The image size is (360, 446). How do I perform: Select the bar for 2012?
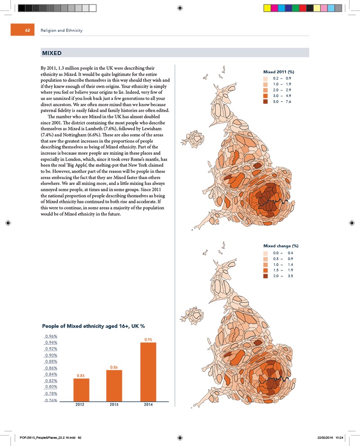[81, 389]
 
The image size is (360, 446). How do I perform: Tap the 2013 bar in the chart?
[116, 385]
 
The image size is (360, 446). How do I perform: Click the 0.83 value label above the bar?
[81, 375]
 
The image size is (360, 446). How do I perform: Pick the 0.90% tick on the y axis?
[50, 355]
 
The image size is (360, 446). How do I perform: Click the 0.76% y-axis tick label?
[50, 400]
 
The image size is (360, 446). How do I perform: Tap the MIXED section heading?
[52, 53]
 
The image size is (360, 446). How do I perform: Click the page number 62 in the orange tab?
[27, 31]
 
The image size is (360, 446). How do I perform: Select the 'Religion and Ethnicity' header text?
[62, 31]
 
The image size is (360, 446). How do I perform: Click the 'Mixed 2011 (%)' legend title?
[278, 72]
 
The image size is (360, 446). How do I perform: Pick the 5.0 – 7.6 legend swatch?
[266, 101]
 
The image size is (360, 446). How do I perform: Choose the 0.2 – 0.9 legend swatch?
[266, 78]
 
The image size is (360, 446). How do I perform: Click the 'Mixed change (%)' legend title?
[281, 246]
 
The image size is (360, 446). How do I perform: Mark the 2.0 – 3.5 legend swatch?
[266, 275]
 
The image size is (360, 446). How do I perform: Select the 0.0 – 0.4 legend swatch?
[266, 252]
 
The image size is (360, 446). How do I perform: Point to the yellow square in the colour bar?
[267, 8]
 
